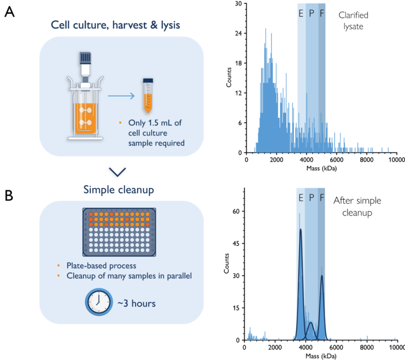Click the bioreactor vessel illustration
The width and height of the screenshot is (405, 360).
[x=84, y=100]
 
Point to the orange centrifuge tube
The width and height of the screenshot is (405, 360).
[x=148, y=97]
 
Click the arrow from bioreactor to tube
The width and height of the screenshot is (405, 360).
[x=121, y=96]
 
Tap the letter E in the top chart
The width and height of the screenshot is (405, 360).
[x=301, y=14]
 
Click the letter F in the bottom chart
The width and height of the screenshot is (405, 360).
[x=322, y=198]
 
